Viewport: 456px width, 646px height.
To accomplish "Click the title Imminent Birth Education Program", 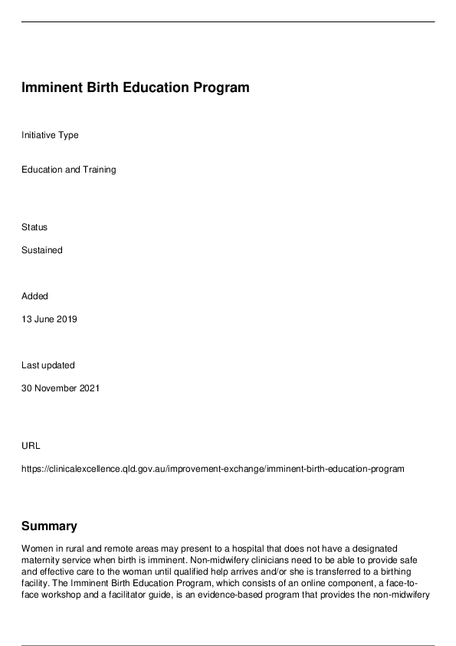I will [x=135, y=87].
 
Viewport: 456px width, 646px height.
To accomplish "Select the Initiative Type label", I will [x=50, y=135].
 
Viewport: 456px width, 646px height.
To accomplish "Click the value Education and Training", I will [x=69, y=170].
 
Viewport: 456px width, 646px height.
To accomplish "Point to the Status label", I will [x=34, y=227].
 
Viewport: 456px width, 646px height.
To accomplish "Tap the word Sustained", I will [x=42, y=250].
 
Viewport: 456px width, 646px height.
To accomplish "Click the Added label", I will [x=34, y=296].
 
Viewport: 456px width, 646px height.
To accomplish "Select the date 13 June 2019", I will [x=49, y=319].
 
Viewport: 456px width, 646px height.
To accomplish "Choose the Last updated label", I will [x=48, y=365].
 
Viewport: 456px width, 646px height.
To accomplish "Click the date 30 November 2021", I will [x=61, y=388].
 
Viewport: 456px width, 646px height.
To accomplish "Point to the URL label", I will [x=31, y=446].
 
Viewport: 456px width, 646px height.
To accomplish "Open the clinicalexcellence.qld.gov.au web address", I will [x=212, y=469].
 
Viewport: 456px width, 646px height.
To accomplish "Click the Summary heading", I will [x=49, y=526].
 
